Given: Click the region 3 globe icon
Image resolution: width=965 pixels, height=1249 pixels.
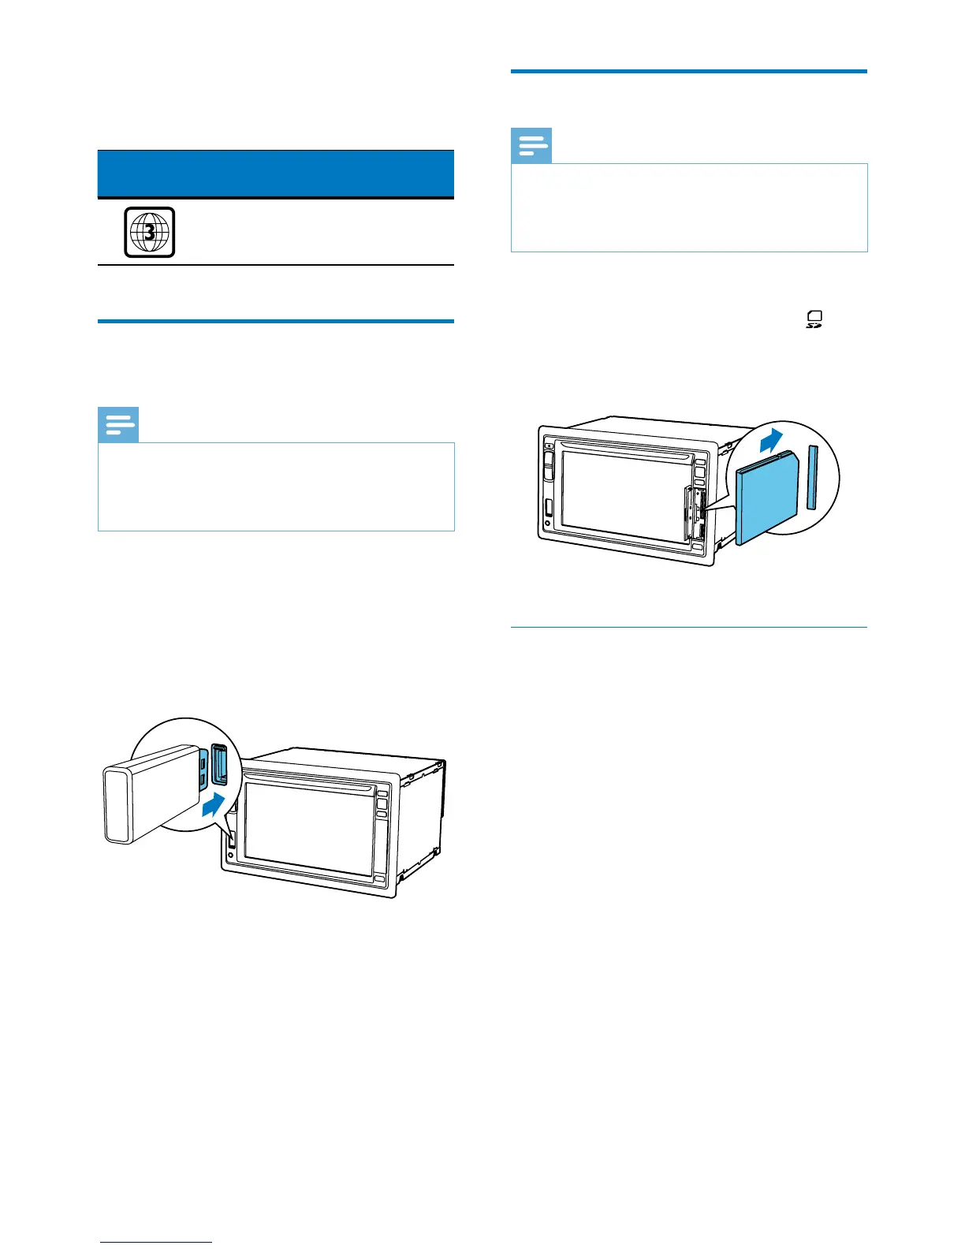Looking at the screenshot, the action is [149, 232].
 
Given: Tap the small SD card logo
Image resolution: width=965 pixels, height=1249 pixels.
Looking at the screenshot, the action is [814, 319].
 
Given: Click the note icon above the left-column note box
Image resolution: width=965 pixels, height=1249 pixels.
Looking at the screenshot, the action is [119, 426].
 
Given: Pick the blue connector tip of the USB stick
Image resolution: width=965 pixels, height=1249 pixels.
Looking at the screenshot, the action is [203, 771].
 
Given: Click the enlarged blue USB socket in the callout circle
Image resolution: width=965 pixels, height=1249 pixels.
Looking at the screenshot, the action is [220, 766].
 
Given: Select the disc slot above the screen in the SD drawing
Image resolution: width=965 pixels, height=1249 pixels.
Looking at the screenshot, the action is [627, 447].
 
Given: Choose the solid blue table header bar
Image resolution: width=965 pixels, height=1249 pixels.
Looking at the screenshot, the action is [276, 173].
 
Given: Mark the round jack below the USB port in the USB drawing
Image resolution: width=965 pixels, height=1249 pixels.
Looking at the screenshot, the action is [230, 855].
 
